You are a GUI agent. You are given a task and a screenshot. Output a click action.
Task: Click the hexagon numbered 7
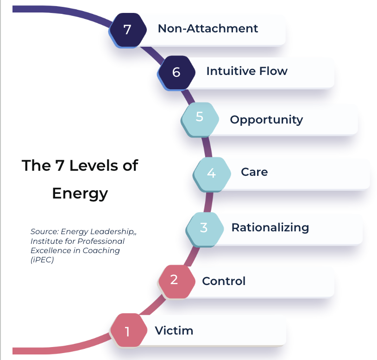pyautogui.click(x=127, y=29)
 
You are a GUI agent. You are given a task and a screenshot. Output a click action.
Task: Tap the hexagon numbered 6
pyautogui.click(x=176, y=72)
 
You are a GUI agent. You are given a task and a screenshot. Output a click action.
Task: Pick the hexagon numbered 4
pyautogui.click(x=212, y=173)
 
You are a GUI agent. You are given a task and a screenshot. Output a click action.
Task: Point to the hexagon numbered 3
pyautogui.click(x=204, y=228)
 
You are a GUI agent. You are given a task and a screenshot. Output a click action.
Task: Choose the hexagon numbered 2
pyautogui.click(x=174, y=280)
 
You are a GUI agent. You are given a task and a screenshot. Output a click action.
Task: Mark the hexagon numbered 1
pyautogui.click(x=127, y=331)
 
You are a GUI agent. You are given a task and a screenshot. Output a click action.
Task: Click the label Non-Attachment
pyautogui.click(x=208, y=28)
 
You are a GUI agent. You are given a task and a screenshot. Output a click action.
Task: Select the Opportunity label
pyautogui.click(x=266, y=119)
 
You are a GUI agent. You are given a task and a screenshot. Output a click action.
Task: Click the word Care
pyautogui.click(x=254, y=172)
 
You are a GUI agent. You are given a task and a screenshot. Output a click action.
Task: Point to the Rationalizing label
pyautogui.click(x=270, y=227)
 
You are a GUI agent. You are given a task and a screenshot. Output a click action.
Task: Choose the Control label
pyautogui.click(x=224, y=281)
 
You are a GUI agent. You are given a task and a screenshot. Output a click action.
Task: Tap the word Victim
pyautogui.click(x=174, y=331)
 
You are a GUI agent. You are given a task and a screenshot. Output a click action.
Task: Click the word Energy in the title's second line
pyautogui.click(x=80, y=193)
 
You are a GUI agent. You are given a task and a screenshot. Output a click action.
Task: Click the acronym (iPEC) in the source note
pyautogui.click(x=40, y=260)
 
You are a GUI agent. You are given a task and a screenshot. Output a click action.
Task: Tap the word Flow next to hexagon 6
pyautogui.click(x=273, y=71)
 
